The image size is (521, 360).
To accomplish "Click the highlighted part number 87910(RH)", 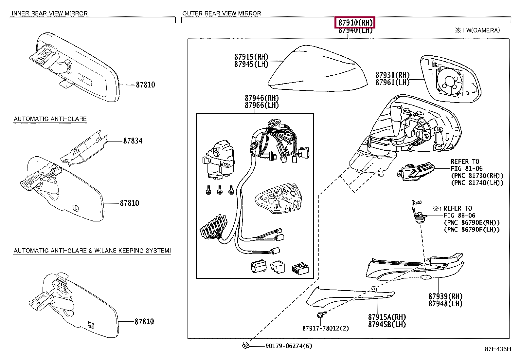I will [x=355, y=23].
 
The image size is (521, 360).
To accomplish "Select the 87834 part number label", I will [x=133, y=141].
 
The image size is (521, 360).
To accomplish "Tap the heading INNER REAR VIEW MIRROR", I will [x=49, y=13].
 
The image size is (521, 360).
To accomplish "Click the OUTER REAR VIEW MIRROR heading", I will [x=222, y=13].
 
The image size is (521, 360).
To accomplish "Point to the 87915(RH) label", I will [x=251, y=57].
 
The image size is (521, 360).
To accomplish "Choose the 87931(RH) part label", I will [x=392, y=75].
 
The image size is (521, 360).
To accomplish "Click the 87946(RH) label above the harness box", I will [x=261, y=98].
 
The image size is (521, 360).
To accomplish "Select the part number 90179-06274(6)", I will [x=288, y=346].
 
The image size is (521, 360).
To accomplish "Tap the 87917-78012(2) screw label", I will [x=325, y=328].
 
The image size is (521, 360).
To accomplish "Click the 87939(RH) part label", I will [x=445, y=296].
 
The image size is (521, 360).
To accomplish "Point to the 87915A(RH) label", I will [x=387, y=317].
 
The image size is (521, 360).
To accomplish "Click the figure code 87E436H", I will [x=497, y=349].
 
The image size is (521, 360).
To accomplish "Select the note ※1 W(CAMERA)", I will [x=477, y=30].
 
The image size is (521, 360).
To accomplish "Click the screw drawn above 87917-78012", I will [x=320, y=315].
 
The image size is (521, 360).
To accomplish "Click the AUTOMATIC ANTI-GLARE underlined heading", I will [x=50, y=119].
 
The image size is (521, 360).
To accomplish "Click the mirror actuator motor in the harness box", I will [x=220, y=160].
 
